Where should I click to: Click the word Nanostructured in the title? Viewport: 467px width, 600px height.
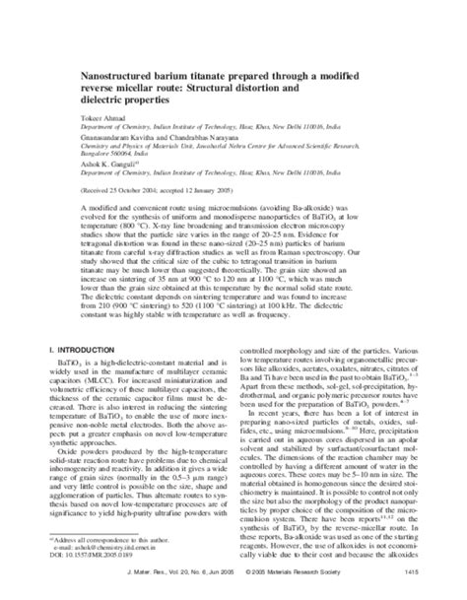117,74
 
